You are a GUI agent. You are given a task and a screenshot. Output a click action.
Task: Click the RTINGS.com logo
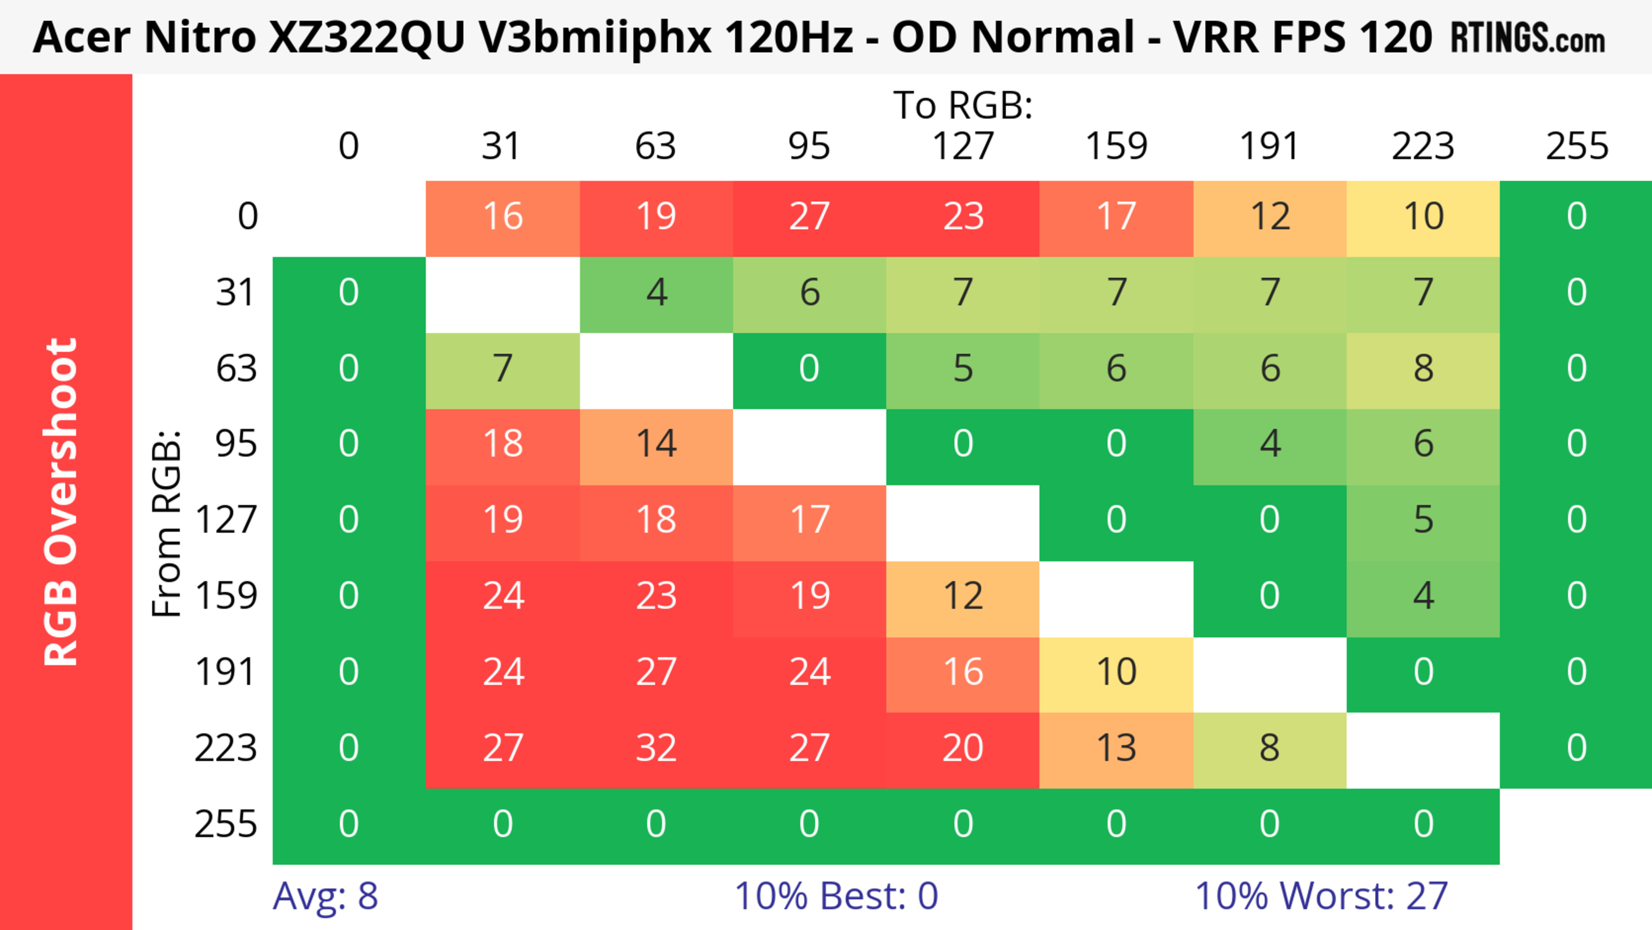(1528, 38)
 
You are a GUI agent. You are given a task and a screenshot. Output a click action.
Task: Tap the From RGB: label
(167, 523)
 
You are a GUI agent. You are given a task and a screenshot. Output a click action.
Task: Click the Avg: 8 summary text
(325, 896)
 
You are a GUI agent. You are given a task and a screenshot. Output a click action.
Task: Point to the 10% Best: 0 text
(835, 896)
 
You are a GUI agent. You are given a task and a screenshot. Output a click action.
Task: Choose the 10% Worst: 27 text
(1321, 896)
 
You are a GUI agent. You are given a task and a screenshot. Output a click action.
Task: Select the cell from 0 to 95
(809, 216)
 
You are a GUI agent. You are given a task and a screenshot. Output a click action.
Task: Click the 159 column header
(1116, 146)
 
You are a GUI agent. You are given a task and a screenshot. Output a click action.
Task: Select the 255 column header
(1576, 146)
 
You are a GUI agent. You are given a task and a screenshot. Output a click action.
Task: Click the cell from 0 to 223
(1423, 216)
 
